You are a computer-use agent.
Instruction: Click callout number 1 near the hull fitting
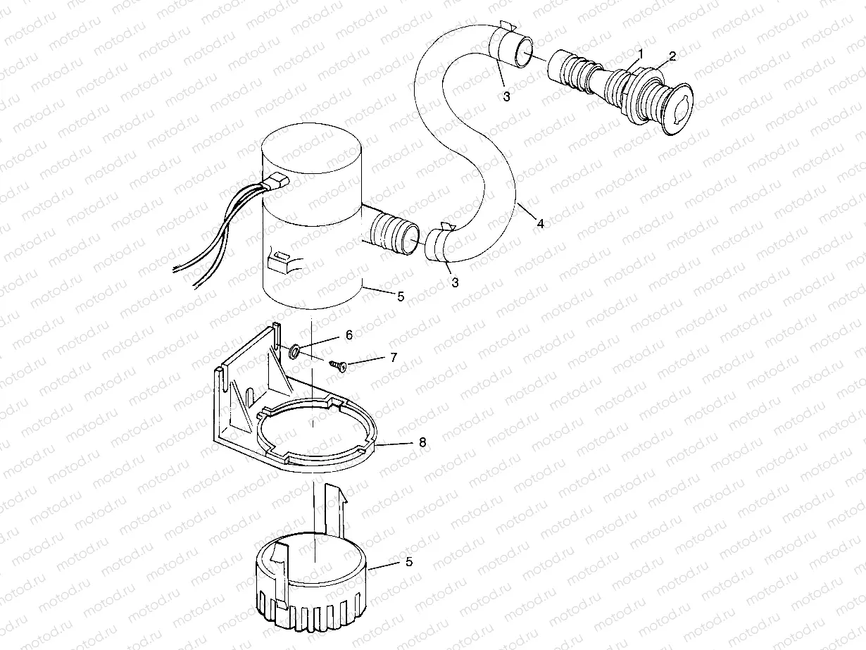pos(640,54)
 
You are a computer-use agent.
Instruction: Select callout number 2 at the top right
pos(672,56)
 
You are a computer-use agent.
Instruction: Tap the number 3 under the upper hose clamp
pos(506,96)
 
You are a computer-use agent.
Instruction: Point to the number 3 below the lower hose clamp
pos(455,282)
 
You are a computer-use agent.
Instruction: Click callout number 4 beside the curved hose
pos(540,223)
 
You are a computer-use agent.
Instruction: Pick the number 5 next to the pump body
pos(400,296)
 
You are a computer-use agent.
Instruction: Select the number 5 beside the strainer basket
pos(409,561)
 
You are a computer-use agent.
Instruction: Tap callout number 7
pos(394,358)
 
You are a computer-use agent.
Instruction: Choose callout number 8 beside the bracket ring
pos(422,442)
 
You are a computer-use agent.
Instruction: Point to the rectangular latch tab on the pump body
pos(280,261)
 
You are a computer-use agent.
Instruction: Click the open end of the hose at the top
pos(523,53)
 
